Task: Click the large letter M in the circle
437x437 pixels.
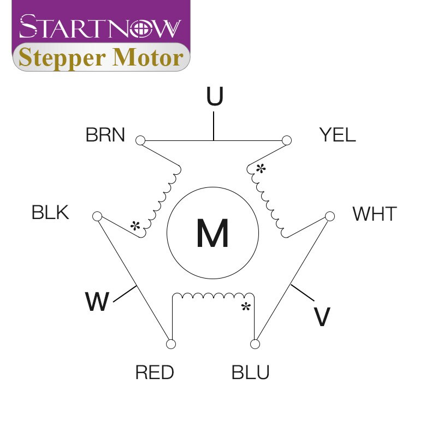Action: tap(212, 233)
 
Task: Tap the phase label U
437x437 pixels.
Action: tap(215, 96)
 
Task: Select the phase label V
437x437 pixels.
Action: tap(322, 317)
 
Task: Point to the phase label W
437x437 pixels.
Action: tap(97, 302)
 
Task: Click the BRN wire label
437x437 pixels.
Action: tap(105, 135)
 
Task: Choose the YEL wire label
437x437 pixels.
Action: tap(338, 135)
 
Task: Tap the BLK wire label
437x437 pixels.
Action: tap(50, 212)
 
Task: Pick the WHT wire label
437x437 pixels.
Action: tap(375, 214)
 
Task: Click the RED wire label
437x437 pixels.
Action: tap(155, 372)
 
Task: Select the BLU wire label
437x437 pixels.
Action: tap(250, 372)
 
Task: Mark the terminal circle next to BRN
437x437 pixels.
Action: tap(140, 140)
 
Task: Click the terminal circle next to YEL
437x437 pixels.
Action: tap(287, 140)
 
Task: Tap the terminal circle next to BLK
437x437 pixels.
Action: tap(97, 216)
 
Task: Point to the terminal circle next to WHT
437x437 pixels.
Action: tap(330, 216)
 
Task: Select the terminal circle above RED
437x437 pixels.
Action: tap(171, 344)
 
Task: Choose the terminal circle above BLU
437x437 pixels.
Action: tap(255, 344)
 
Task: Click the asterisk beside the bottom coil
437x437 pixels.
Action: tap(246, 306)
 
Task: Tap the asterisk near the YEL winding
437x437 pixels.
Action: tap(261, 169)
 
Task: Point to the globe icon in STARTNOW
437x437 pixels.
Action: tap(141, 29)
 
